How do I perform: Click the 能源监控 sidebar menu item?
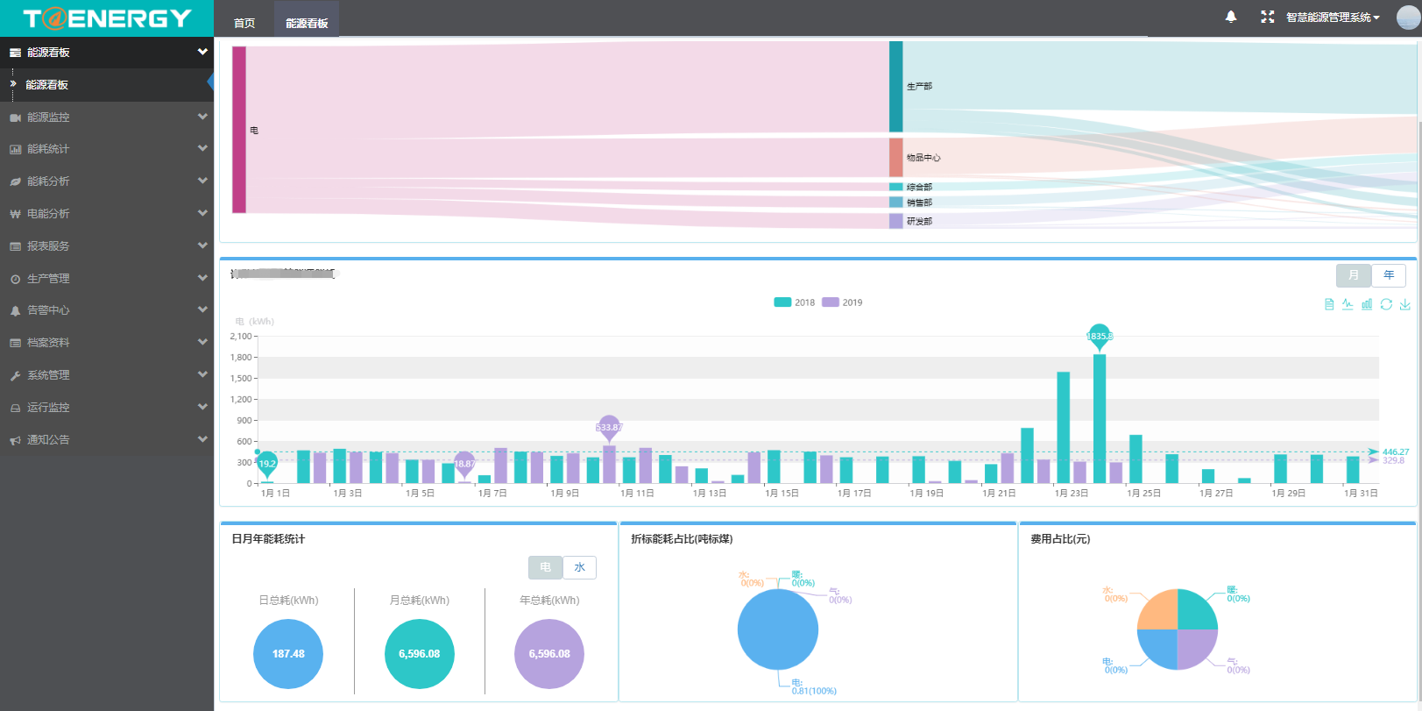(48, 117)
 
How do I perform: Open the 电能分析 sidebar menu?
(48, 214)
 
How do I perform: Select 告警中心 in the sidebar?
(48, 310)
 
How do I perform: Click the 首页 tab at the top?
(244, 23)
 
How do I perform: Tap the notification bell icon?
(1231, 17)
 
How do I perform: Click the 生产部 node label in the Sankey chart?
(919, 86)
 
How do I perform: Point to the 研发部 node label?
(919, 221)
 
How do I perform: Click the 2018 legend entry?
(795, 302)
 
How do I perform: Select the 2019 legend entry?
(842, 302)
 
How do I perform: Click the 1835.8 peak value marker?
(1100, 336)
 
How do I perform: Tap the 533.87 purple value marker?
(609, 427)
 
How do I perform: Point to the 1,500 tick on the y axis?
(241, 379)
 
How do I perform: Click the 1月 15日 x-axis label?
(782, 494)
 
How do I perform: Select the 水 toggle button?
(579, 567)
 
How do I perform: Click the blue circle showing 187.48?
(288, 654)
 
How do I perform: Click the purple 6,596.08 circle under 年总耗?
(549, 654)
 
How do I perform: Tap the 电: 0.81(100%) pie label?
(813, 686)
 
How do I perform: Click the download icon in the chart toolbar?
(1404, 304)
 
